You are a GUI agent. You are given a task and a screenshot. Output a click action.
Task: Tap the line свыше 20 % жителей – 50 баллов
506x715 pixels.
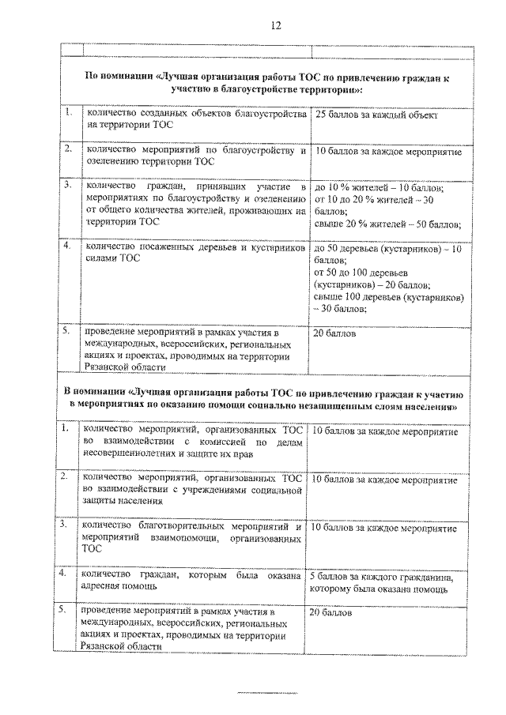[x=387, y=224]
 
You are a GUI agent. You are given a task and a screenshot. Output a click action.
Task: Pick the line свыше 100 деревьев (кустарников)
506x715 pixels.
[x=388, y=297]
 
